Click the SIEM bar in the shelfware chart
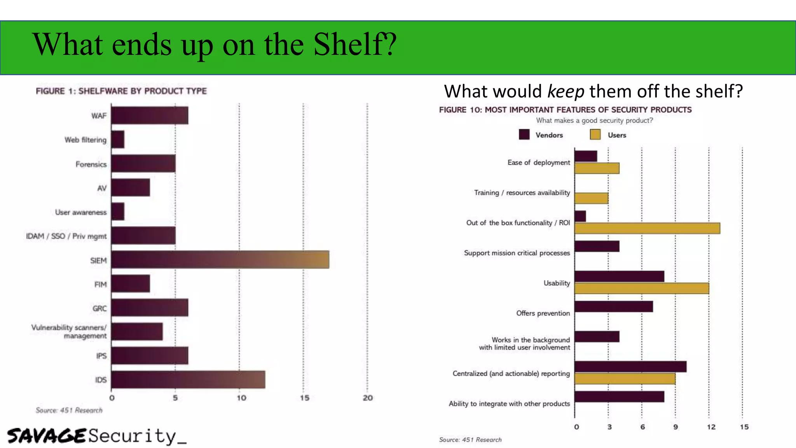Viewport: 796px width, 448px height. [220, 260]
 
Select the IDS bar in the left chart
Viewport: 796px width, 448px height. [188, 380]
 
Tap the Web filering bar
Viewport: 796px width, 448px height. [118, 140]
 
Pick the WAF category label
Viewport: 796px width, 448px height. [99, 116]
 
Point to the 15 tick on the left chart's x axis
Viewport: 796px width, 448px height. [304, 398]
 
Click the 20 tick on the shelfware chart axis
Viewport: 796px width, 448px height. [368, 398]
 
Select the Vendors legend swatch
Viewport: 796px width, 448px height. [524, 135]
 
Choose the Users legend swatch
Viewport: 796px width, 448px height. [595, 135]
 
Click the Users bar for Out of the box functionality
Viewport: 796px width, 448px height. [647, 228]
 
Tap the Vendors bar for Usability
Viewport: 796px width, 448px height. [619, 276]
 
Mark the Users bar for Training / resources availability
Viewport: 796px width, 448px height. [591, 198]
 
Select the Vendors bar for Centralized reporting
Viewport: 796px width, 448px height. [630, 367]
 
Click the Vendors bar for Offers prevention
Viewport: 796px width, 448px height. [614, 307]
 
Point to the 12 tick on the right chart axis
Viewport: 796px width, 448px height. [711, 427]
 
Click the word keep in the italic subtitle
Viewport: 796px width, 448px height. [566, 92]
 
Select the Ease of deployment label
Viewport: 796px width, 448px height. [539, 163]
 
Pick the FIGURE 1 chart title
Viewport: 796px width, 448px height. [121, 91]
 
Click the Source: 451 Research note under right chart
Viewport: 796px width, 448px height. [470, 440]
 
